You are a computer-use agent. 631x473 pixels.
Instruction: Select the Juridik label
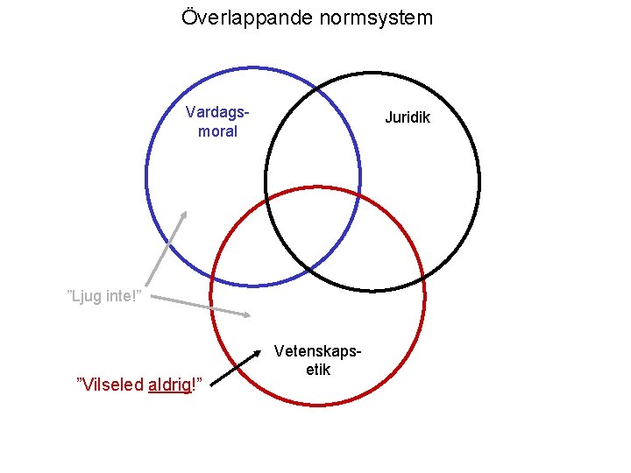pyautogui.click(x=408, y=117)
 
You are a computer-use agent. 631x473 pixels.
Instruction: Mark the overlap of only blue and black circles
pyautogui.click(x=311, y=140)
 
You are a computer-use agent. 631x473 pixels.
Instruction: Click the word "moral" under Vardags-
pyautogui.click(x=217, y=131)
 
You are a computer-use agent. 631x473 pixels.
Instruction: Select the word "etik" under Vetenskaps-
pyautogui.click(x=317, y=370)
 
